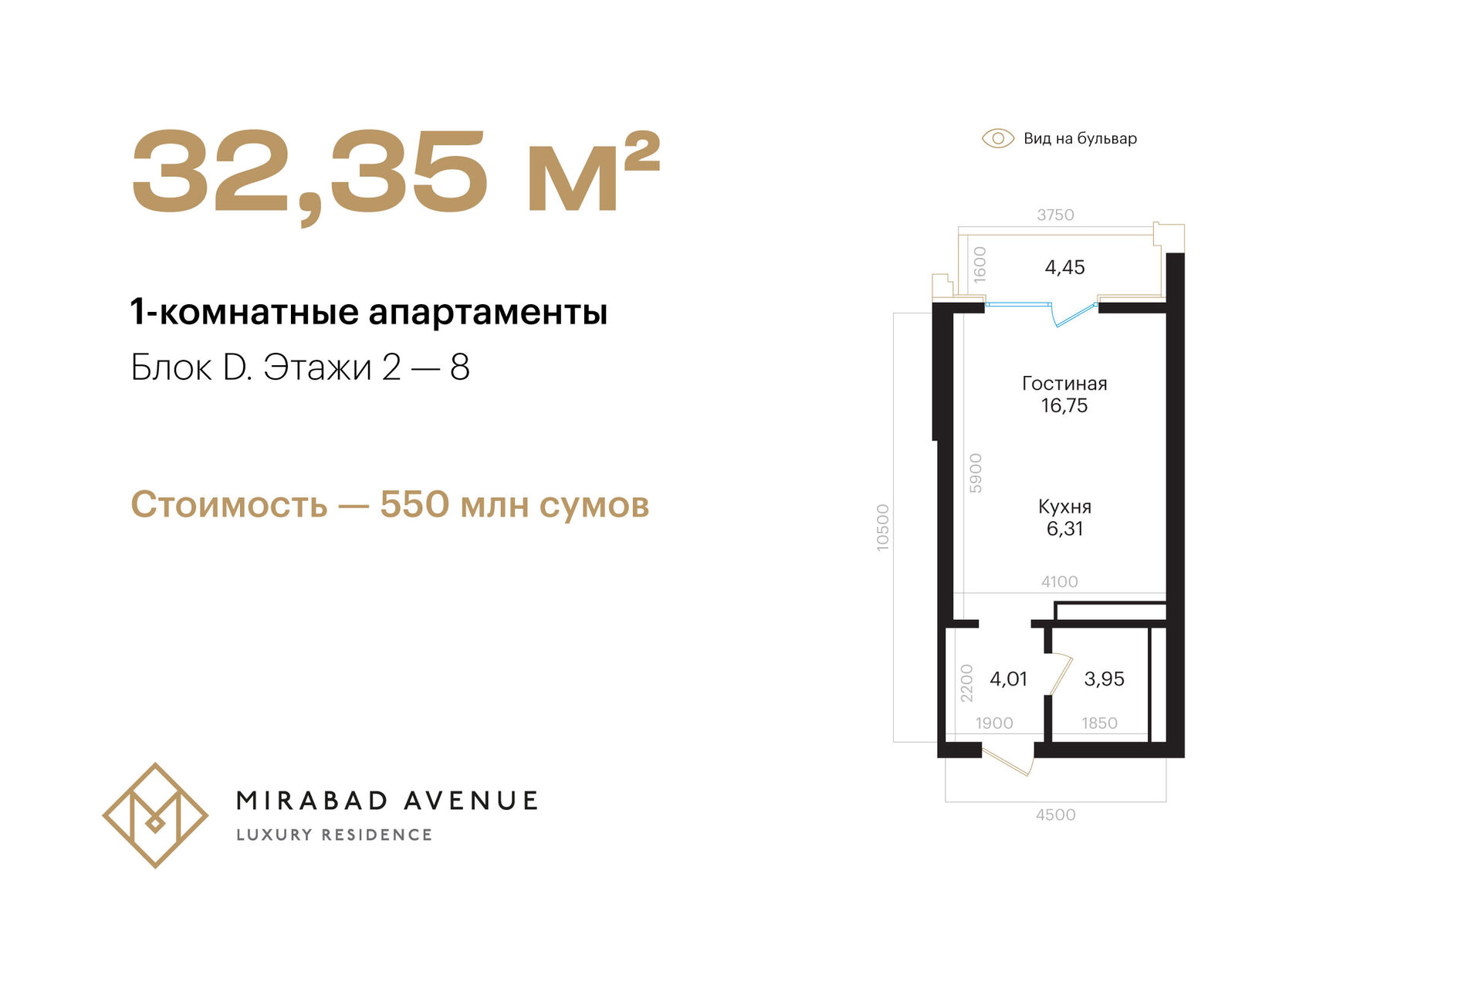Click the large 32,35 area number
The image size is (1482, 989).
310,173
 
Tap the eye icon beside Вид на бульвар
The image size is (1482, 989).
997,138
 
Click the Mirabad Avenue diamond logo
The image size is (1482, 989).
155,815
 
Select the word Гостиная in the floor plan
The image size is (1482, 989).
1064,384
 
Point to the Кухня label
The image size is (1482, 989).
1064,507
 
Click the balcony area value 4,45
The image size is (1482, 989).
1064,268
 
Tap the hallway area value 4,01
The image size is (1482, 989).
1008,679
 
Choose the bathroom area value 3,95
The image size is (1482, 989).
1104,679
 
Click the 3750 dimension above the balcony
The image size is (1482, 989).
1055,215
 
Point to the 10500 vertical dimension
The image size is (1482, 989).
883,527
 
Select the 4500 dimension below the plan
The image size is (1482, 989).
1055,815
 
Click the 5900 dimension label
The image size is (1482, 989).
976,473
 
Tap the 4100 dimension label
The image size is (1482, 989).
1059,581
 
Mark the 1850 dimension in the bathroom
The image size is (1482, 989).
1099,723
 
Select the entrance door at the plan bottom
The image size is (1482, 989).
1007,760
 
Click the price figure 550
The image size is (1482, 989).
414,505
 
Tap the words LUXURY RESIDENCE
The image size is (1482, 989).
334,835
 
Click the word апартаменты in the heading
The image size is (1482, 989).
488,313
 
